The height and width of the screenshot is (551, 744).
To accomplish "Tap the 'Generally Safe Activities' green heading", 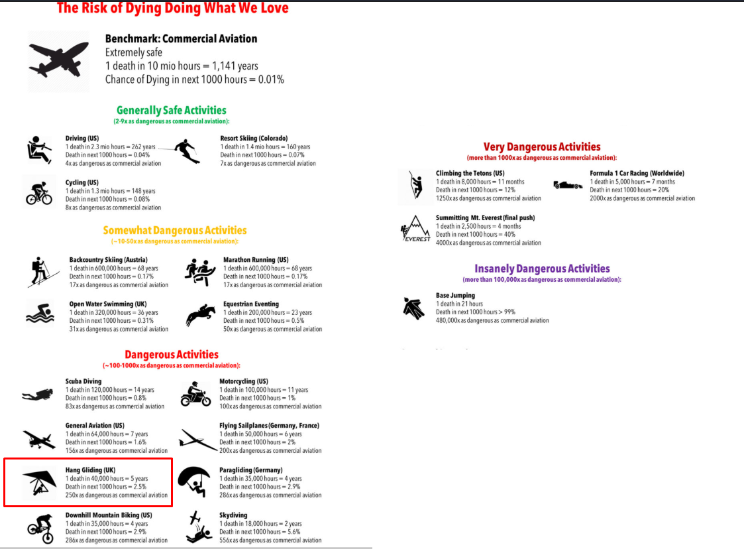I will pyautogui.click(x=171, y=110).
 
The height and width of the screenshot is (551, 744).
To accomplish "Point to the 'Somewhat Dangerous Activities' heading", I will pyautogui.click(x=174, y=230).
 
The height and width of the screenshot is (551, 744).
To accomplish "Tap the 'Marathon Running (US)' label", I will pyautogui.click(x=256, y=260).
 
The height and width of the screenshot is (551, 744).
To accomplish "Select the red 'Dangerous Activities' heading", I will pyautogui.click(x=171, y=354).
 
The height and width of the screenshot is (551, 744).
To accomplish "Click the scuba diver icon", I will pyautogui.click(x=37, y=395).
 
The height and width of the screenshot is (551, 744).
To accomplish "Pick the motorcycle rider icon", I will pyautogui.click(x=195, y=394).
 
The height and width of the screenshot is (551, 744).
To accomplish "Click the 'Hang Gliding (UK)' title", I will pyautogui.click(x=90, y=470).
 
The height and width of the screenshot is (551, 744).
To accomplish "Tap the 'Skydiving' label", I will pyautogui.click(x=234, y=515).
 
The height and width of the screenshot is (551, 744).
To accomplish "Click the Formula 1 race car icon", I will pyautogui.click(x=568, y=184).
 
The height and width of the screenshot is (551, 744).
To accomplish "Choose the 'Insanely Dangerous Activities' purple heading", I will pyautogui.click(x=541, y=269).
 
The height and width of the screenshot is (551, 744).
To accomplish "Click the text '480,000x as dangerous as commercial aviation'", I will pyautogui.click(x=492, y=320).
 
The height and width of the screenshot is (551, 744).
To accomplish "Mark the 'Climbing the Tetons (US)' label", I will pyautogui.click(x=470, y=173).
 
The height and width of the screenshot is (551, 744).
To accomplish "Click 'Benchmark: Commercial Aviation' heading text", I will pyautogui.click(x=181, y=39).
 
